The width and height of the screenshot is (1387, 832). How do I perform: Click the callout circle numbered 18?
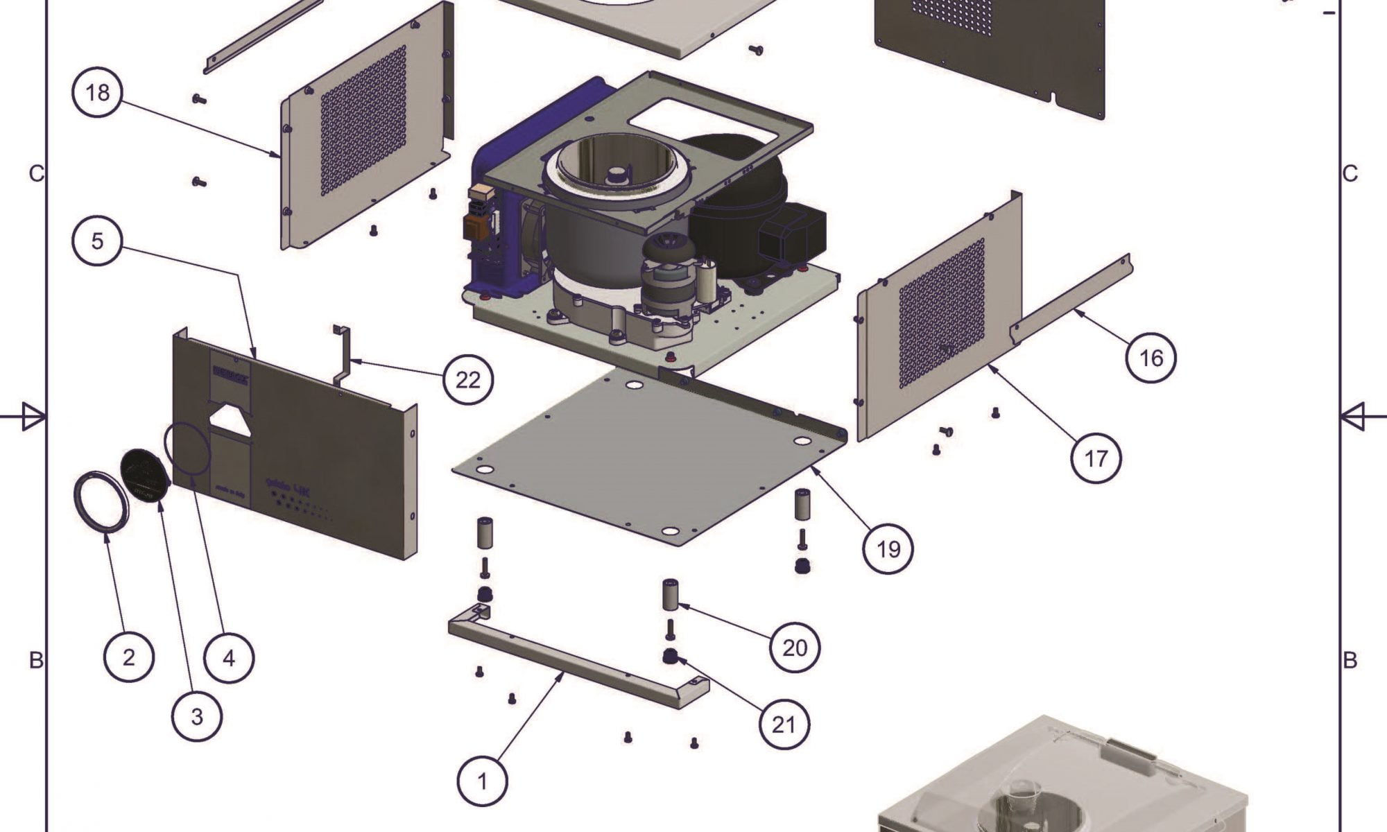tap(97, 92)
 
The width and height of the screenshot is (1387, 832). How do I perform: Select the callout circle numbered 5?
tap(97, 241)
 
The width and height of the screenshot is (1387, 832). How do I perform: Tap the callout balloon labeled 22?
tap(468, 379)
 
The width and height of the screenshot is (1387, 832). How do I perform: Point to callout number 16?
tap(1151, 358)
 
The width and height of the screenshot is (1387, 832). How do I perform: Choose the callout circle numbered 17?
tap(1096, 458)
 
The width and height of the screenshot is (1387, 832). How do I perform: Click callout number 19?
tap(888, 549)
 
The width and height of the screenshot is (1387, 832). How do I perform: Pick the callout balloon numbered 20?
tap(795, 648)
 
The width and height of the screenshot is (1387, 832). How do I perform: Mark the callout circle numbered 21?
tap(784, 725)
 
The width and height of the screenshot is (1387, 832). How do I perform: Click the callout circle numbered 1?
tap(483, 781)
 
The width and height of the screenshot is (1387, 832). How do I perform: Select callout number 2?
tap(129, 657)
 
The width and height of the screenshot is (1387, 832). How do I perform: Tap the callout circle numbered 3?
tap(197, 716)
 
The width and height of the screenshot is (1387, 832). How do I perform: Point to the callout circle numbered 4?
tap(229, 657)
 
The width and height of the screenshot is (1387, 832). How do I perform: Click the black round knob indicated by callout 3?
tap(145, 474)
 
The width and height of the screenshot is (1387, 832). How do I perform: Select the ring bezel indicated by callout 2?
tap(101, 501)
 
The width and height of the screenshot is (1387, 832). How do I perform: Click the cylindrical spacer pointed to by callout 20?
tap(670, 595)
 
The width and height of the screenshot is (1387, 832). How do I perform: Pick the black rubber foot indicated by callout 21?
tap(670, 657)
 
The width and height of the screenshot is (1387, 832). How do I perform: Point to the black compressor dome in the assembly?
tap(735, 173)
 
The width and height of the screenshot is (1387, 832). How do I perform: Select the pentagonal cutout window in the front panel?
tap(230, 420)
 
